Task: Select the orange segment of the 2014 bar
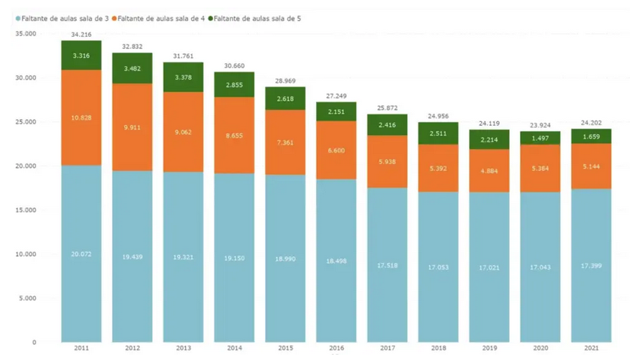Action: pyautogui.click(x=235, y=136)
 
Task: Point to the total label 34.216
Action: pyautogui.click(x=81, y=35)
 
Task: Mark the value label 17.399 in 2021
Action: pyautogui.click(x=592, y=267)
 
